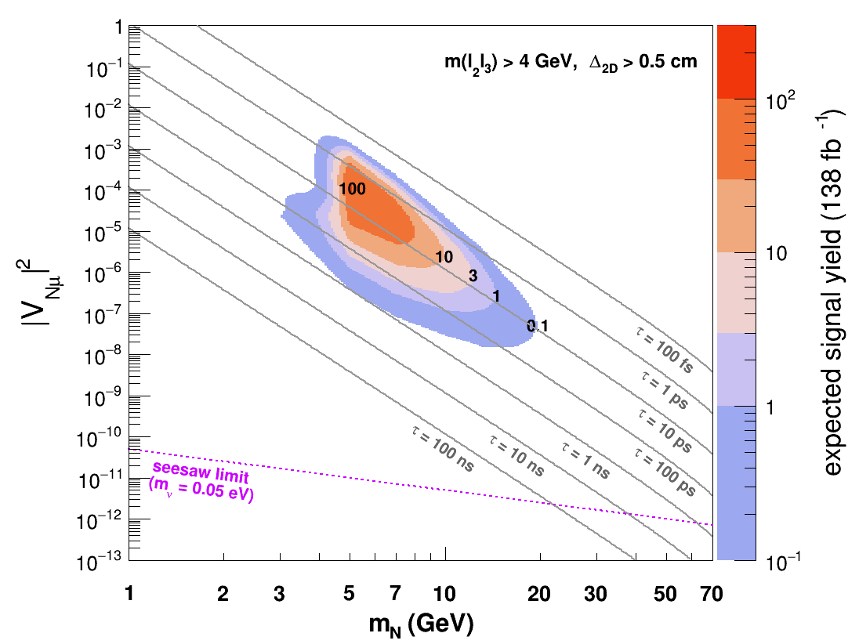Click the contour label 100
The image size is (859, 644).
click(x=352, y=189)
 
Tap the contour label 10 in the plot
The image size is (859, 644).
click(x=444, y=257)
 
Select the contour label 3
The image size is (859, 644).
click(x=473, y=276)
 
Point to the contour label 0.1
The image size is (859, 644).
click(x=538, y=327)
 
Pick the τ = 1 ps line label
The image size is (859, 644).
click(x=665, y=389)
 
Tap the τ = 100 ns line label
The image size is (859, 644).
click(x=443, y=448)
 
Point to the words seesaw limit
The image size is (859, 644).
click(x=201, y=472)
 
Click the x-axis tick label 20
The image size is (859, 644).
click(x=539, y=594)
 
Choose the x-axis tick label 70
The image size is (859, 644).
click(x=712, y=594)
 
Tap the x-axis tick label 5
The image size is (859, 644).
click(x=349, y=594)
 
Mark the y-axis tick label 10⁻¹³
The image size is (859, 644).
click(x=100, y=562)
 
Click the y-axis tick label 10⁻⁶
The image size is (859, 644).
click(x=103, y=274)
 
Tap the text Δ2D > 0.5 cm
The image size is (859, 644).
click(x=643, y=62)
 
